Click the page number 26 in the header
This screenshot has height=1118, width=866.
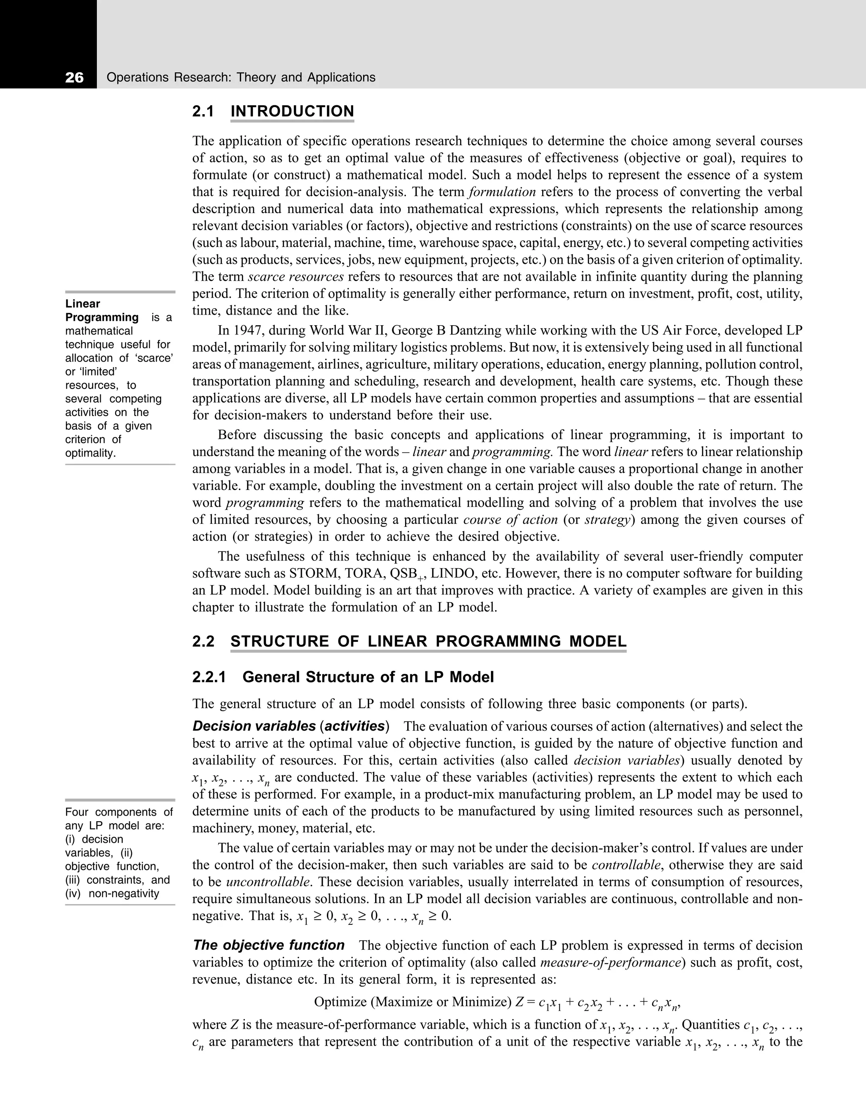point(74,78)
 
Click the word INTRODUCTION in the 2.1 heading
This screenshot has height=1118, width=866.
point(292,111)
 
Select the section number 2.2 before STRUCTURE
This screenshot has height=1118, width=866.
point(203,641)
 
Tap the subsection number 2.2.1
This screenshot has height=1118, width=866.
point(209,677)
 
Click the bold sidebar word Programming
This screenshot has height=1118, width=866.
point(102,318)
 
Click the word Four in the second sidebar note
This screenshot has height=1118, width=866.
point(77,812)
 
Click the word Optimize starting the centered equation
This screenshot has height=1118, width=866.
point(340,1002)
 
